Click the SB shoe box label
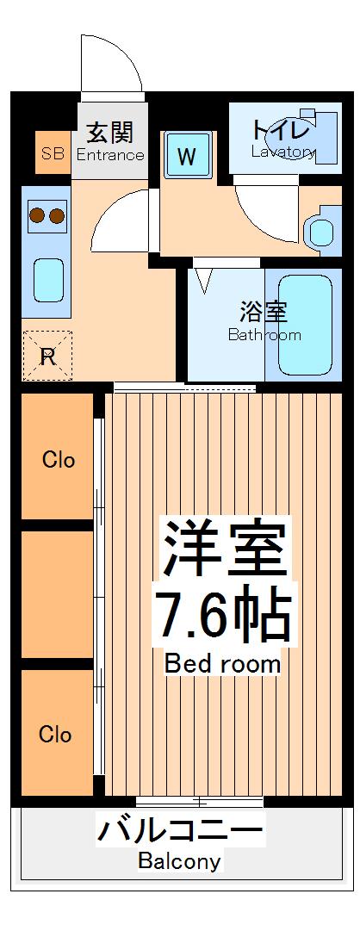point(53,154)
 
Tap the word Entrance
point(110,155)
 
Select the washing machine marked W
point(187,156)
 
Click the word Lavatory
point(283,152)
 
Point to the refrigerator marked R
point(47,357)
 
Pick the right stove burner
point(56,215)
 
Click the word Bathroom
point(264,335)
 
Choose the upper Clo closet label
point(59,459)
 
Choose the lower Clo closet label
point(55,735)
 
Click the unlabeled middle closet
point(57,594)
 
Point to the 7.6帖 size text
point(222,612)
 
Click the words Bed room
point(222,664)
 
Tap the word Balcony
point(180,861)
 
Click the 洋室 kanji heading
point(222,549)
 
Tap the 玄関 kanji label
point(110,133)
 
